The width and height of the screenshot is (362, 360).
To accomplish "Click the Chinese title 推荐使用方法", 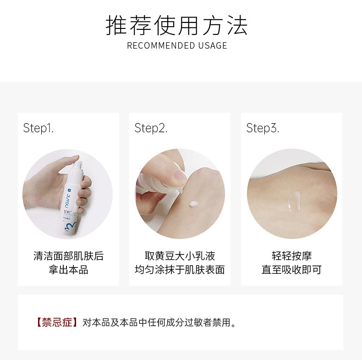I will click(176, 25).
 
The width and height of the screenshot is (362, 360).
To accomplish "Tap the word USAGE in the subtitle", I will click(213, 45).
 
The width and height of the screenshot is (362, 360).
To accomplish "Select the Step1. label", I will click(38, 128).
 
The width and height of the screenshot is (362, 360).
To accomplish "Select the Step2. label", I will click(151, 128).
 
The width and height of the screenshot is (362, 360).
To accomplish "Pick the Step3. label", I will click(263, 128).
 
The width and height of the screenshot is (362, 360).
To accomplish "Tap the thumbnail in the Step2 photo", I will click(178, 175).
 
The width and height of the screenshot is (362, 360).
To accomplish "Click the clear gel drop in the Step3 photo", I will click(293, 200).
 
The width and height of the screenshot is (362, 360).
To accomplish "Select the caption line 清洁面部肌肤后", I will click(68, 256).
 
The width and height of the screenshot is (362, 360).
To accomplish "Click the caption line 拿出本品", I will click(68, 270).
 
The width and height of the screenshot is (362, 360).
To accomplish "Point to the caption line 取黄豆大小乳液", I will click(180, 256).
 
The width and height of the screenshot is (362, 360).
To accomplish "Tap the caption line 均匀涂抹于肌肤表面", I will click(180, 270).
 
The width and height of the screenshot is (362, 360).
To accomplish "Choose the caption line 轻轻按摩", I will click(291, 256).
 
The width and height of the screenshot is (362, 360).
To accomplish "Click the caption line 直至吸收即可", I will click(291, 270).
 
